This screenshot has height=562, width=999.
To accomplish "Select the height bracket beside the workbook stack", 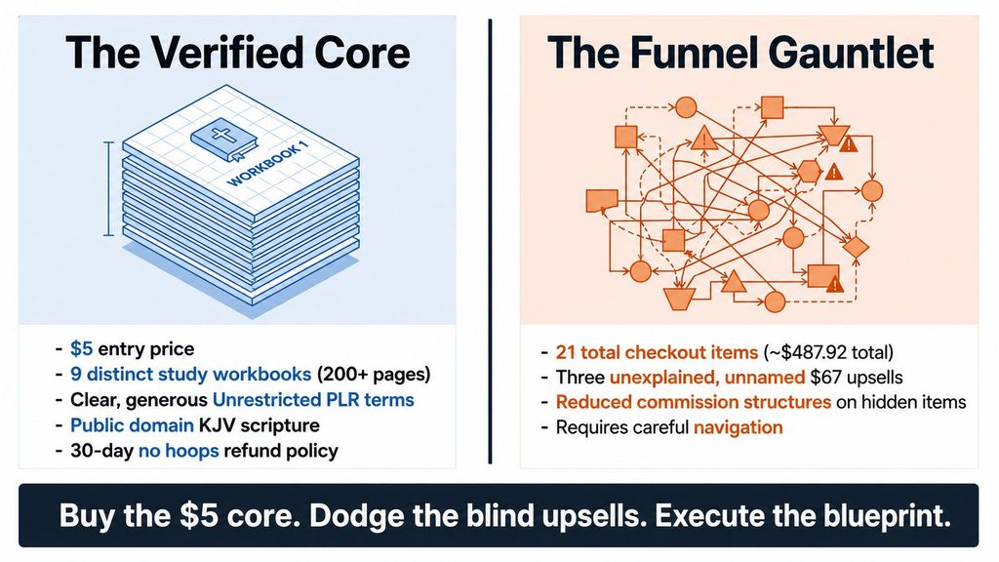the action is [109, 189].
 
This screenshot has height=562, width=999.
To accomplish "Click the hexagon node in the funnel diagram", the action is [809, 171].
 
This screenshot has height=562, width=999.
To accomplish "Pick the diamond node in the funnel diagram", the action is [856, 247].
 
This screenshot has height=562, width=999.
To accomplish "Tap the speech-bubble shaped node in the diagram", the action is [601, 201].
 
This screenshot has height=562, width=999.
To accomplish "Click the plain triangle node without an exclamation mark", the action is [734, 281].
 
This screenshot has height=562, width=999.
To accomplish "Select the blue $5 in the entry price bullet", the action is [82, 349].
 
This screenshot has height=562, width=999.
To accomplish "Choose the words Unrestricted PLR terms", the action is [313, 399].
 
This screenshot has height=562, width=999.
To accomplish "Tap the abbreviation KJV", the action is [217, 425].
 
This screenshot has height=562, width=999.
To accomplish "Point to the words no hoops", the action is [179, 451].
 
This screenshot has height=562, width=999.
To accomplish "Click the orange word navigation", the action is [738, 427].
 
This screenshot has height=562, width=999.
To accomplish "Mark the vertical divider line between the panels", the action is [490, 242].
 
